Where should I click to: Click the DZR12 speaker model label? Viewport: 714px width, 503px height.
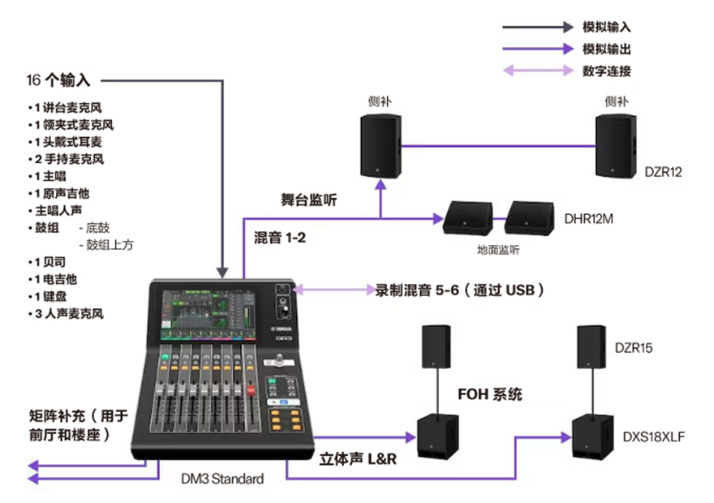664,172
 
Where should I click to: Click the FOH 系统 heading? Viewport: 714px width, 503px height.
489,395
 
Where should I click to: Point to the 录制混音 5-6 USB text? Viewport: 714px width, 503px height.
459,289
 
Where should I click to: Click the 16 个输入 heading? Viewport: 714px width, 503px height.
58,80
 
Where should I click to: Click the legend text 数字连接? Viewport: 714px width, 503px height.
606,71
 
